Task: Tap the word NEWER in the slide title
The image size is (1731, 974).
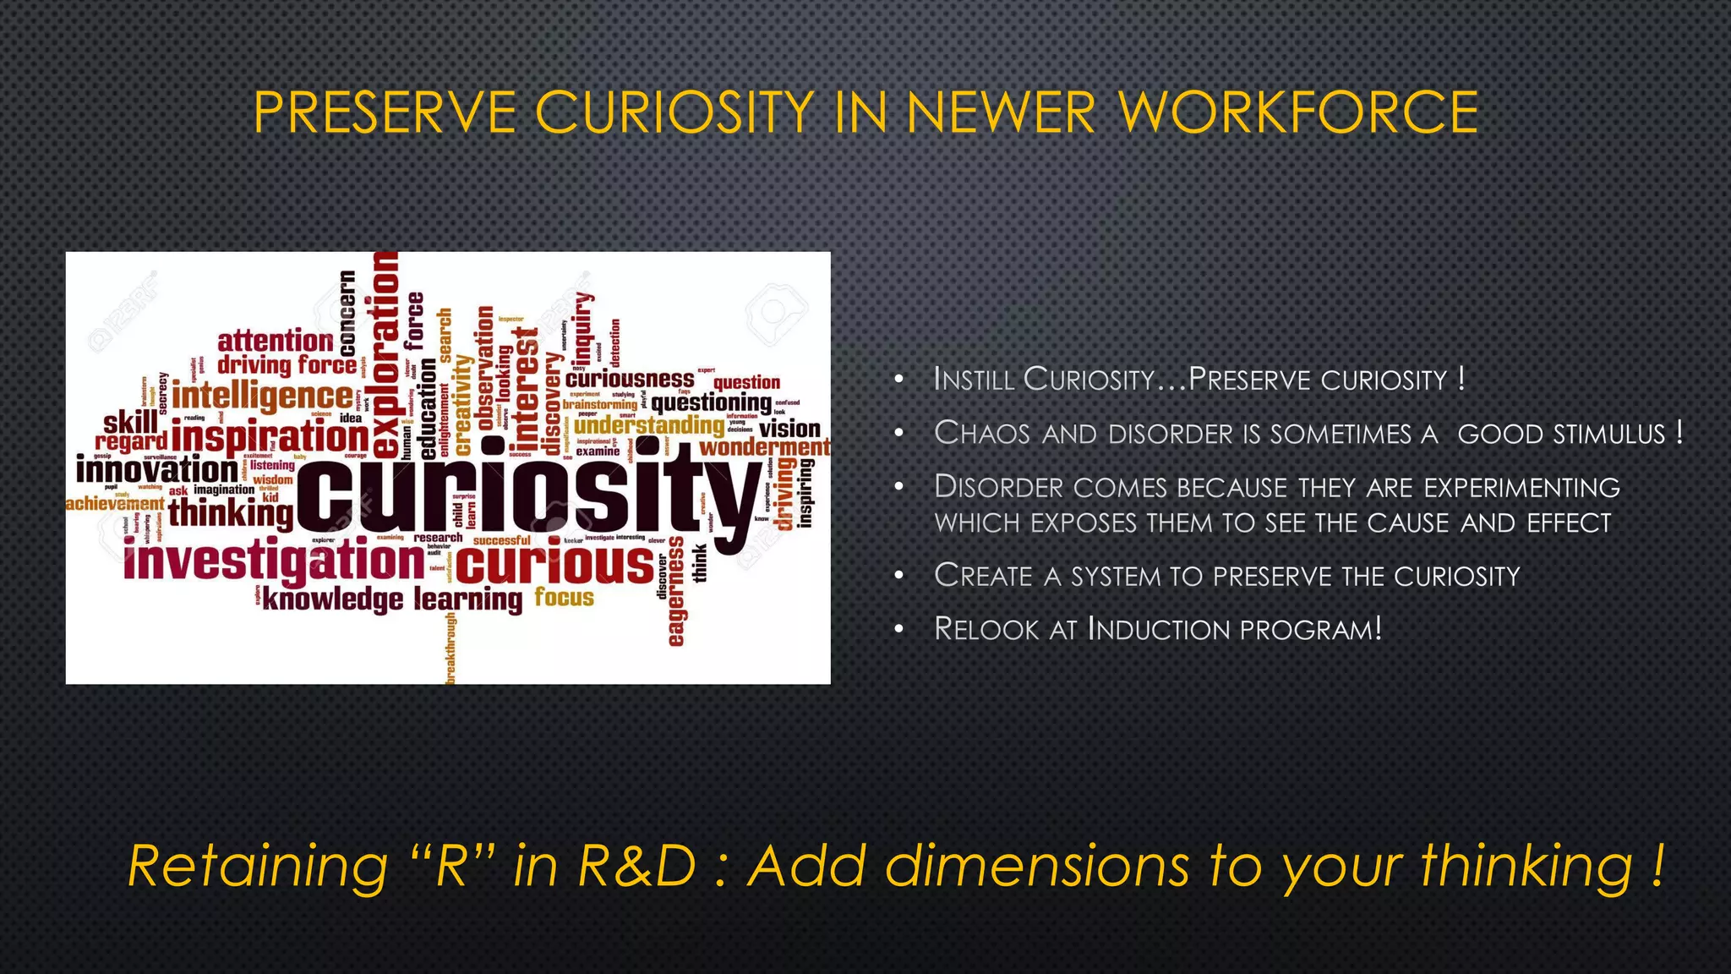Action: click(x=1001, y=112)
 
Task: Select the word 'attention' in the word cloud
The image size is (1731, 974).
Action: click(x=276, y=341)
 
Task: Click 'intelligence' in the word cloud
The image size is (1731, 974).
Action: click(x=263, y=395)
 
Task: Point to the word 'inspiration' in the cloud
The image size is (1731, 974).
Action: click(x=270, y=437)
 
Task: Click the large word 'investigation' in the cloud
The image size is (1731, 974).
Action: click(x=274, y=562)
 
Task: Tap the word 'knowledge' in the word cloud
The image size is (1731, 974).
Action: click(x=333, y=599)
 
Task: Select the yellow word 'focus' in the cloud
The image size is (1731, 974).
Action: click(x=565, y=598)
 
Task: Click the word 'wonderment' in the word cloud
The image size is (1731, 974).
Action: click(x=765, y=447)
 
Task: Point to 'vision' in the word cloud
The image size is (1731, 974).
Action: click(x=790, y=429)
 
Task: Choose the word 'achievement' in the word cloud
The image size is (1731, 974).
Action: click(x=115, y=504)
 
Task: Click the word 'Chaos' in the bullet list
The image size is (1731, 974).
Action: click(x=981, y=433)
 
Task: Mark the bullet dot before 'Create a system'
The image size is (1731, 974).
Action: click(x=900, y=577)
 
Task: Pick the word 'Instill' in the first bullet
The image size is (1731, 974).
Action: click(x=974, y=379)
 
